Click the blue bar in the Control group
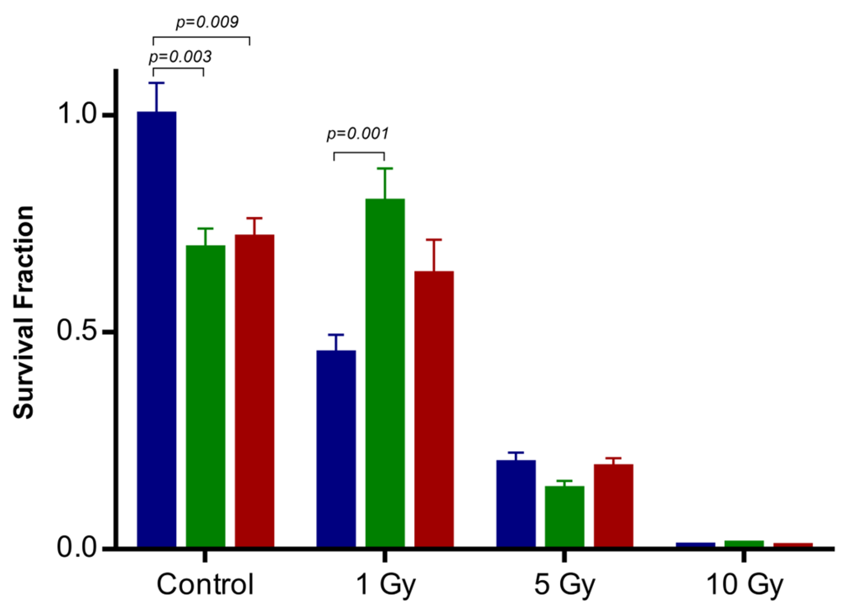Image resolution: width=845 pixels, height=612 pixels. tap(156, 329)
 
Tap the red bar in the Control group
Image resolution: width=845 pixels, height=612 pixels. tap(254, 390)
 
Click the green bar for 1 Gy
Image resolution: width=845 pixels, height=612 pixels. tap(385, 373)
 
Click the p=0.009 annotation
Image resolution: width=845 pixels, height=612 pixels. tap(207, 22)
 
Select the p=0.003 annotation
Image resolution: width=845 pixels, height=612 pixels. tap(180, 57)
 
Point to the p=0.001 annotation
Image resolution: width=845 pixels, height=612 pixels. tap(358, 133)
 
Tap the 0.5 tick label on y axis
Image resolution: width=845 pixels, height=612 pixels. tap(77, 331)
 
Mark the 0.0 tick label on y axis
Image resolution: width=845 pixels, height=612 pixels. tap(77, 548)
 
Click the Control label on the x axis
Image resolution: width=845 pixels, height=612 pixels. tap(205, 584)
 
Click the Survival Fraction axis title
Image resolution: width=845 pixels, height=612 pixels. tap(24, 312)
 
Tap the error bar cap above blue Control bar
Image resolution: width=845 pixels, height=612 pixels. tap(156, 83)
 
